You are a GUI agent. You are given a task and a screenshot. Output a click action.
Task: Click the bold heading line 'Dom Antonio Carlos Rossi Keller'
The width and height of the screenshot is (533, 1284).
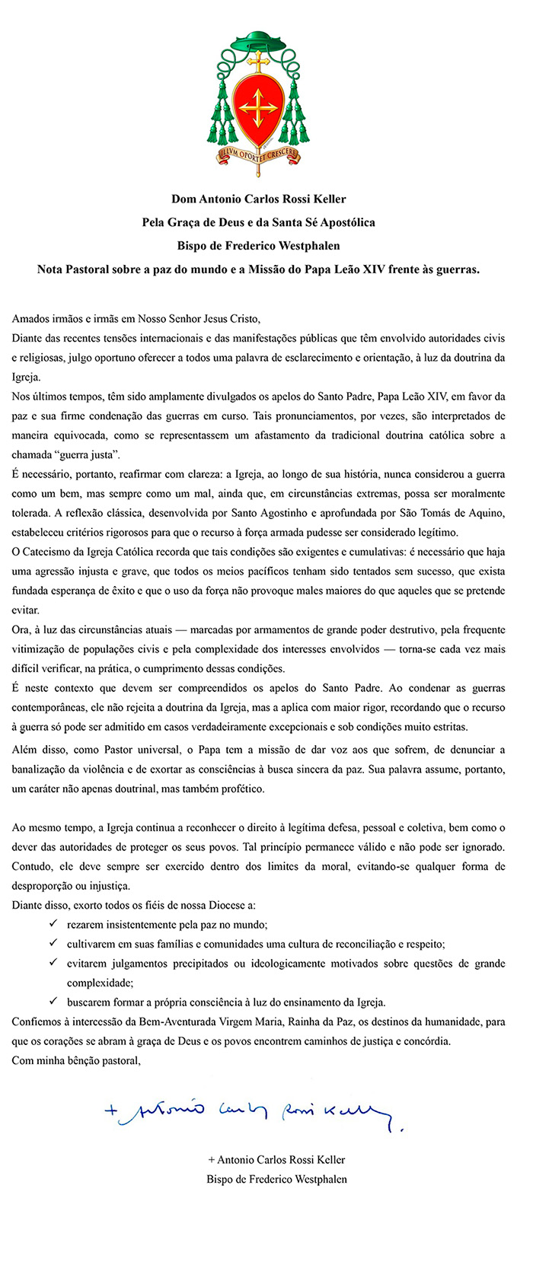tap(259, 199)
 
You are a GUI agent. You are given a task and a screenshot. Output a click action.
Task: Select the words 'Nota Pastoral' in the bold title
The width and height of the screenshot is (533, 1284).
tap(72, 269)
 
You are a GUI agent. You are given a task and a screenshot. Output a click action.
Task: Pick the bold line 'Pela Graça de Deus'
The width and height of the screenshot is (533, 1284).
tap(259, 222)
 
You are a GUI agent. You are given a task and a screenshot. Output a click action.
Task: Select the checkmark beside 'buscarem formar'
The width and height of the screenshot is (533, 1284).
tap(53, 1002)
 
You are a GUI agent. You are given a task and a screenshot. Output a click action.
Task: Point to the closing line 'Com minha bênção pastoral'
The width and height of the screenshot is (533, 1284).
tap(76, 1060)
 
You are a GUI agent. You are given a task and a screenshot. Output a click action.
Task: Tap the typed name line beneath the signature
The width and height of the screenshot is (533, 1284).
tap(276, 1160)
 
